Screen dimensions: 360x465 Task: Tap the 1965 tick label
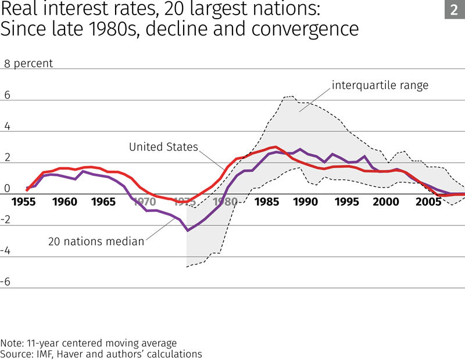(104, 202)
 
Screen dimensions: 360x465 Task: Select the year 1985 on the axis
(266, 202)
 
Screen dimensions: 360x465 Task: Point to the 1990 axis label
(306, 202)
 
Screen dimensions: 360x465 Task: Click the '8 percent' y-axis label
(28, 64)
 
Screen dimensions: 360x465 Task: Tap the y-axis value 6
(8, 96)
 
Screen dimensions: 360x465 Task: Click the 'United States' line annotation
(163, 147)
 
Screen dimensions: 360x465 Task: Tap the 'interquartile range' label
(380, 85)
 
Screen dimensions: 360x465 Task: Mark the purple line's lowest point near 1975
(187, 231)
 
